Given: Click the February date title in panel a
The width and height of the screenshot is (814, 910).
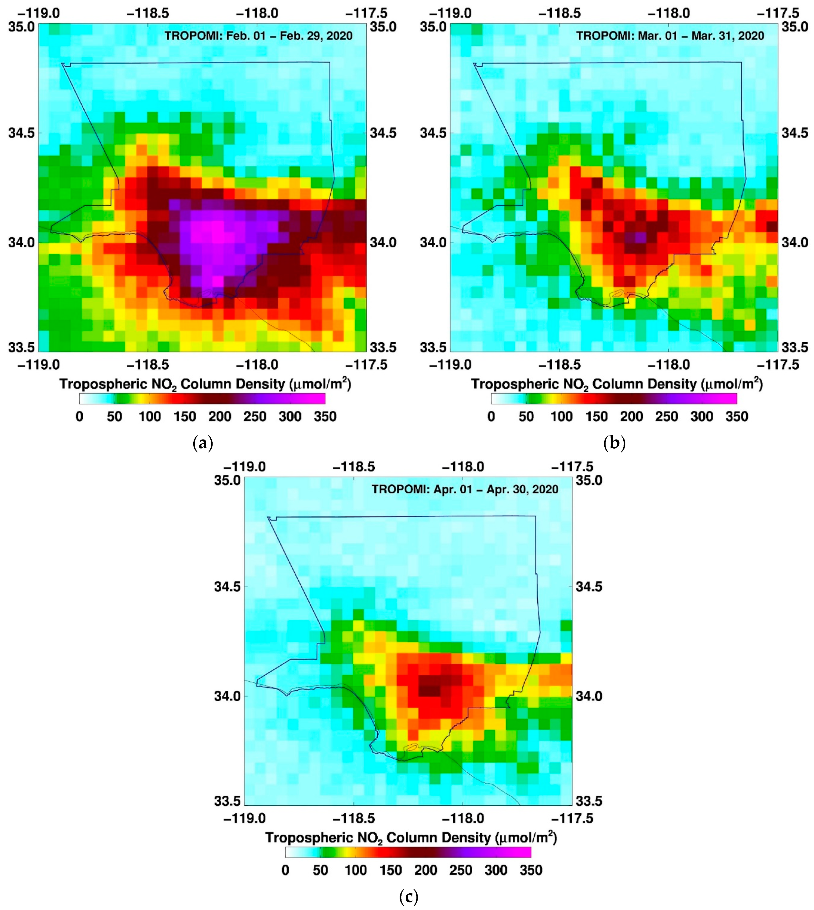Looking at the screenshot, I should [258, 36].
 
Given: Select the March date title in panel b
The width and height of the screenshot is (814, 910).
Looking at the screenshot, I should [670, 36].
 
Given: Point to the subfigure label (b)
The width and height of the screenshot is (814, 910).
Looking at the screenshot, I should [615, 443].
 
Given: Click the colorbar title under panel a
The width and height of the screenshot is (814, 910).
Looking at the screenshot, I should [205, 384].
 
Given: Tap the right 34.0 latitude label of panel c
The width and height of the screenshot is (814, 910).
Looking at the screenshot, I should [588, 696].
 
